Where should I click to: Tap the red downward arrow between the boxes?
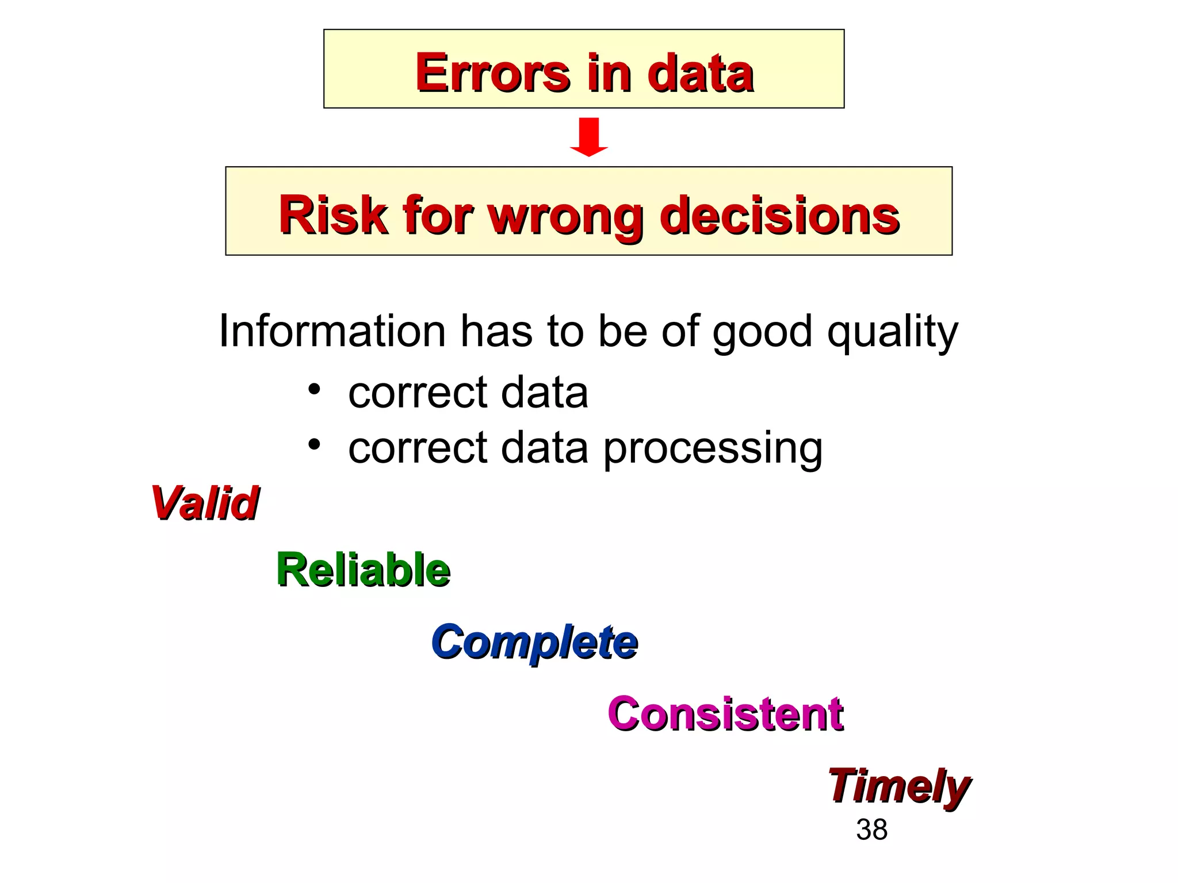589,137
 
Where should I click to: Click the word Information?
332,331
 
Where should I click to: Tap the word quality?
892,332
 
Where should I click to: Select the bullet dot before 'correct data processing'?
313,444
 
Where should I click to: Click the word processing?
713,449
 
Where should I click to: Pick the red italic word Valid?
205,503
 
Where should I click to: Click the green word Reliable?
363,570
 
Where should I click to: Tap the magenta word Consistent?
725,713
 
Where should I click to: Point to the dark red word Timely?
898,786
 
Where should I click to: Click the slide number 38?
871,830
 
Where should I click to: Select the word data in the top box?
700,73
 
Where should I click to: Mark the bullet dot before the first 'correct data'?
313,390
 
